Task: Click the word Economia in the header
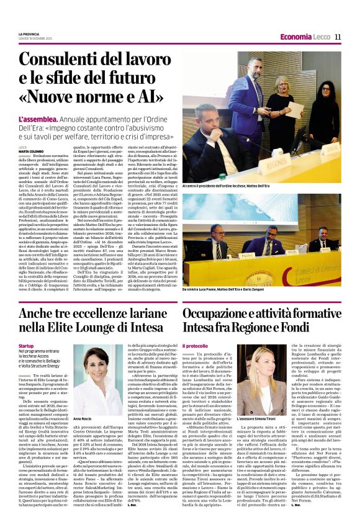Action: [296, 37]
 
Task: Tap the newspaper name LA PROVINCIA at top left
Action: [29, 34]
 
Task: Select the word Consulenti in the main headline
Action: [56, 60]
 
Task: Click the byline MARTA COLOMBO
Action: [31, 151]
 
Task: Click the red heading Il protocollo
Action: [195, 345]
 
